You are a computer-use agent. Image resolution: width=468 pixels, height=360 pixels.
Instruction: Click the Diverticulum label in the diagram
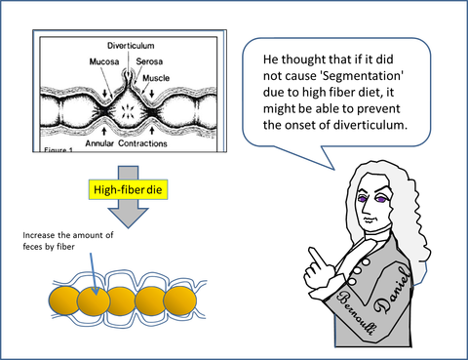[131, 46]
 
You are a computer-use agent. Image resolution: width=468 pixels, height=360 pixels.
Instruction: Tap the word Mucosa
[104, 61]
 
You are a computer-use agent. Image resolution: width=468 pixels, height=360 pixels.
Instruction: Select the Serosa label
[149, 61]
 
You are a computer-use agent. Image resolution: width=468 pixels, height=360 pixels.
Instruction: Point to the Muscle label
[156, 78]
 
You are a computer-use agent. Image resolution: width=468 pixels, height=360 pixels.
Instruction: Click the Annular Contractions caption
[126, 143]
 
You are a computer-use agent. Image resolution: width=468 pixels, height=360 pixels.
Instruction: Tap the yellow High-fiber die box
[128, 189]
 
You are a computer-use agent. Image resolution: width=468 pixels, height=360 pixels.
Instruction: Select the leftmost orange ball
[64, 301]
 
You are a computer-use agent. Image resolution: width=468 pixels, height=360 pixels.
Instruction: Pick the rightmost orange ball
[180, 301]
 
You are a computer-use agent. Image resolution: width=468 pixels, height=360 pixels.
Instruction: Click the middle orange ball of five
[122, 301]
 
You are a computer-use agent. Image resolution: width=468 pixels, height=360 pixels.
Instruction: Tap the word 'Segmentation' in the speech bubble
[362, 76]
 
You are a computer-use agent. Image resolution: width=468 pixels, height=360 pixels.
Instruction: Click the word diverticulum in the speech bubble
[370, 125]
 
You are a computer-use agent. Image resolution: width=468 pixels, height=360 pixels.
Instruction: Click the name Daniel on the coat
[392, 290]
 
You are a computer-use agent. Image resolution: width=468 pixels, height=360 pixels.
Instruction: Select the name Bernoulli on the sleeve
[355, 312]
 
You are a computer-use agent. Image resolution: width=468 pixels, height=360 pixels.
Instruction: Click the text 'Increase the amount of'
[68, 235]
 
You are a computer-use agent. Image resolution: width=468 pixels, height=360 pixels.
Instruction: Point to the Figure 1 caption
[58, 150]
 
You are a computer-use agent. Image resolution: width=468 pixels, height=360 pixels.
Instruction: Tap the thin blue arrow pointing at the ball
[94, 274]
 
